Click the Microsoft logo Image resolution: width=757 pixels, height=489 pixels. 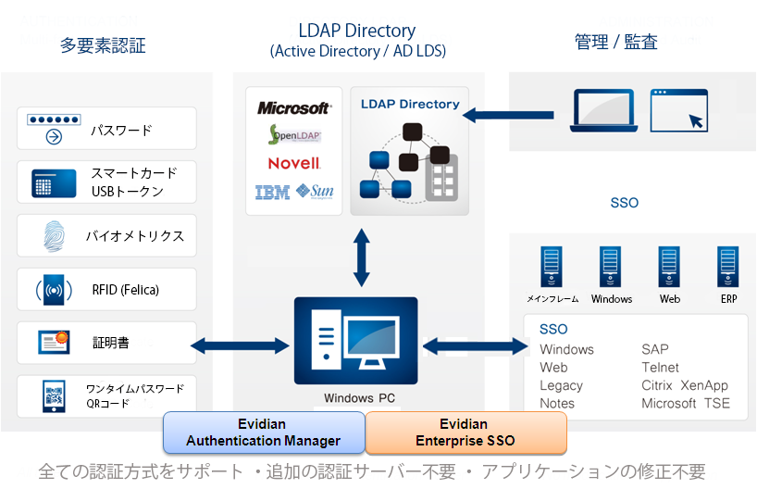(x=293, y=108)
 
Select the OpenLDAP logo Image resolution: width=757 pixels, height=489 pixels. (x=293, y=136)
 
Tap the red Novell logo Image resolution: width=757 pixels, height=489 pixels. (x=293, y=164)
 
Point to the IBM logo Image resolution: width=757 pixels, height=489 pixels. (x=272, y=193)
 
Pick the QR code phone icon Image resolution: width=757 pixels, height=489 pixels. (x=53, y=396)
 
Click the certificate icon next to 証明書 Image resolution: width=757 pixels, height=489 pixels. (x=54, y=343)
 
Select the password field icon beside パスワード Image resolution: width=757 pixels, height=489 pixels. (x=54, y=129)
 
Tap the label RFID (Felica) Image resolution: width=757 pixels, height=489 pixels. (x=125, y=290)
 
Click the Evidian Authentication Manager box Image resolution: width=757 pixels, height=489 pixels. (x=264, y=433)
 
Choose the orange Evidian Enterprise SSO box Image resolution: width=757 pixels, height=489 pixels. (x=465, y=433)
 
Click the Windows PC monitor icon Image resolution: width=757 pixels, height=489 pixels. (x=356, y=341)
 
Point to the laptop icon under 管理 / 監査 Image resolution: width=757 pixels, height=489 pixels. (x=602, y=112)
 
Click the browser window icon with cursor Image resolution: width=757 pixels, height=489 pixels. (x=678, y=111)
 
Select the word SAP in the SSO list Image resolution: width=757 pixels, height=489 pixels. (x=656, y=349)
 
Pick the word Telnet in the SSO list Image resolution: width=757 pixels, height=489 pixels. (x=660, y=368)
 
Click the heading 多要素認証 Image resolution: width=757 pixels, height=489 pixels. (x=103, y=45)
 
